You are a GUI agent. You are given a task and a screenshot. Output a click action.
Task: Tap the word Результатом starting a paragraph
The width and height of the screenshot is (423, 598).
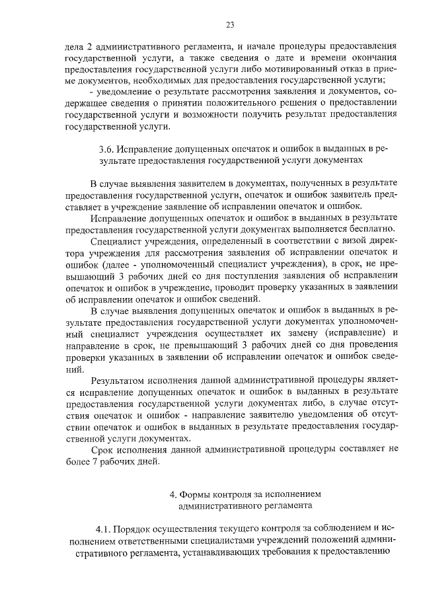[118, 381]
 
